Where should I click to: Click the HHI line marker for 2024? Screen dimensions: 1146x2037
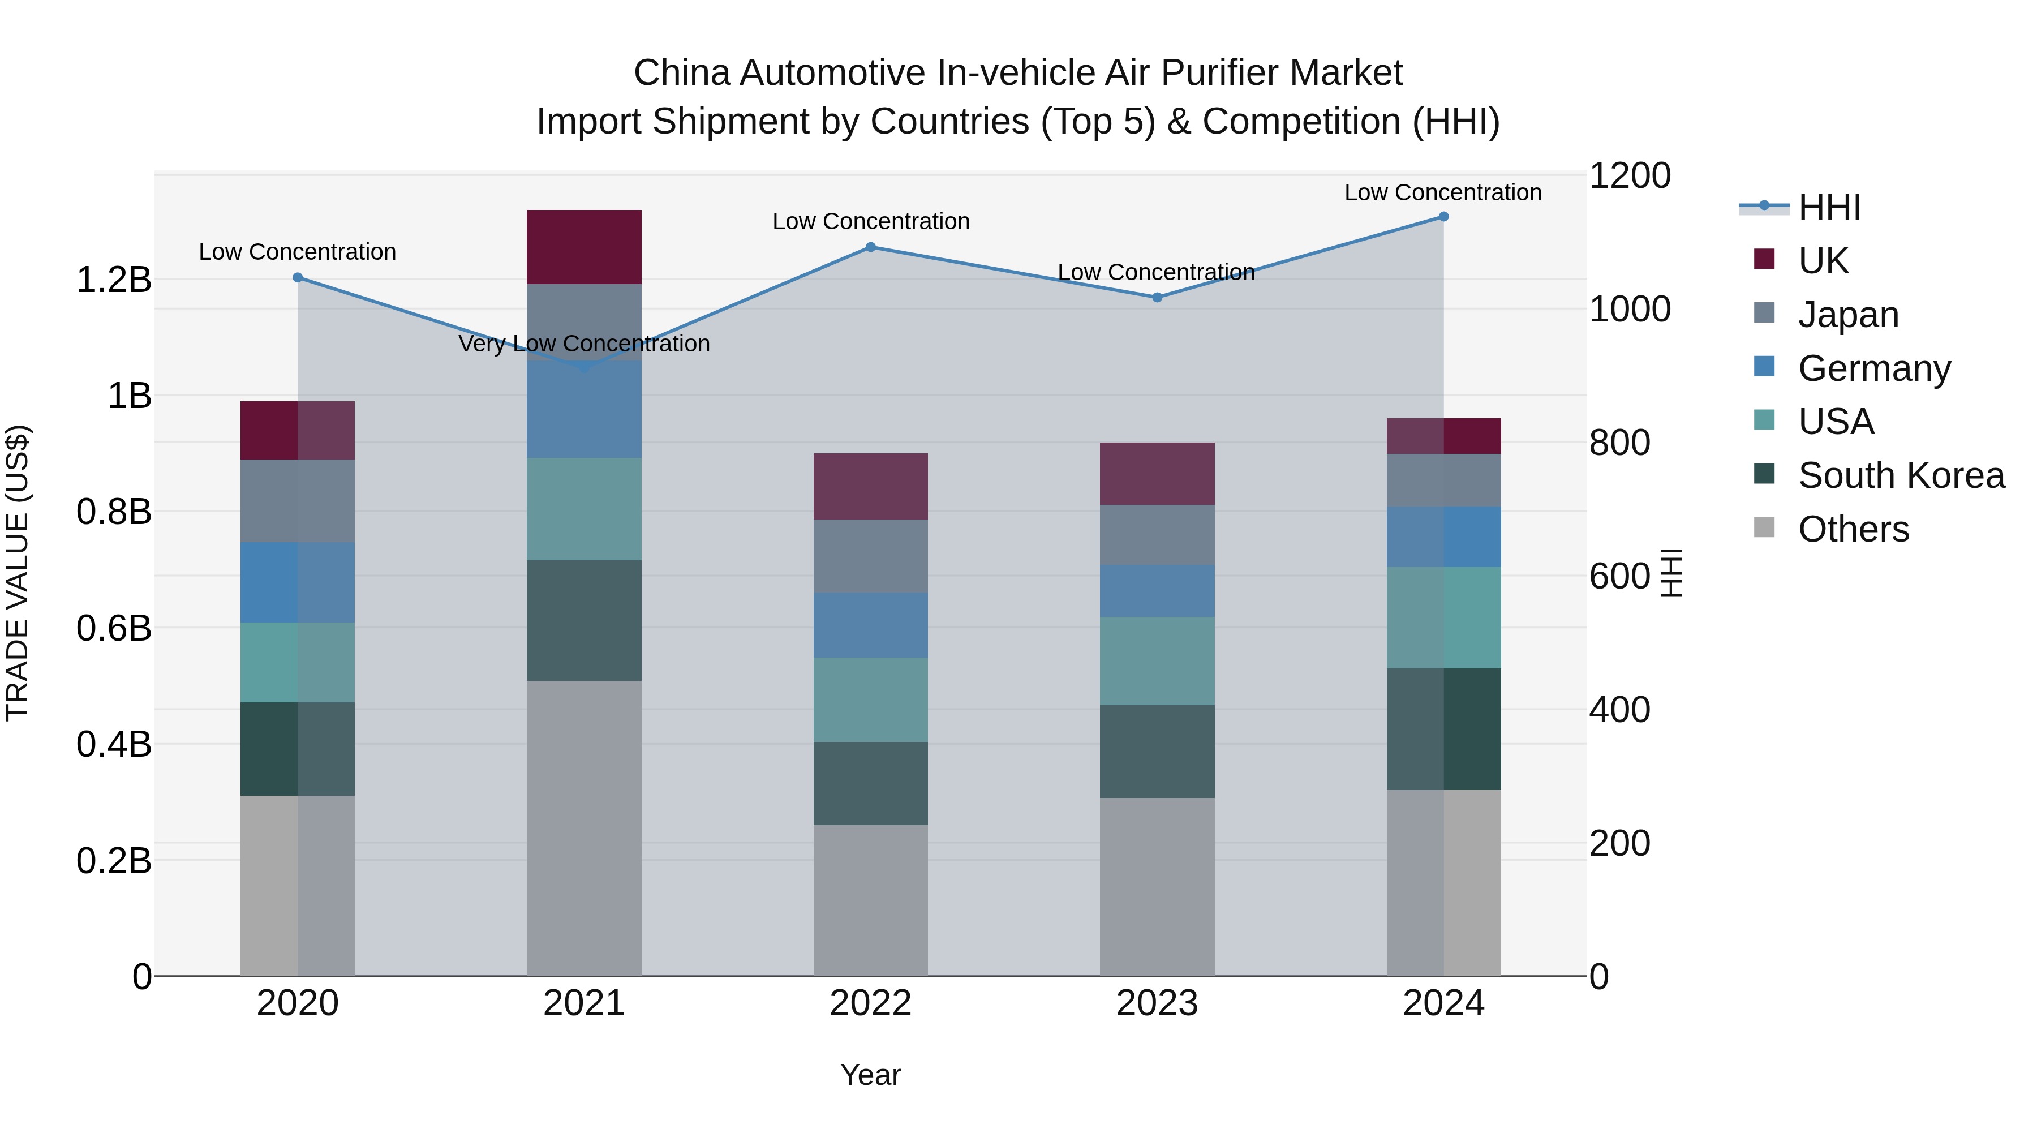(x=1443, y=217)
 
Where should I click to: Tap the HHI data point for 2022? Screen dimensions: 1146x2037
(x=871, y=247)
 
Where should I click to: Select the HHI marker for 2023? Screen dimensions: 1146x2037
(x=1157, y=297)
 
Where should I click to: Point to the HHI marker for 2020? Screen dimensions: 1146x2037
(x=297, y=278)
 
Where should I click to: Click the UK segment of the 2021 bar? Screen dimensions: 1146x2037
(x=583, y=247)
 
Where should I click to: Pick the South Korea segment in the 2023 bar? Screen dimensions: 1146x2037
(x=1157, y=752)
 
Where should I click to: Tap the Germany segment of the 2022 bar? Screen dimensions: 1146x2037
(x=871, y=625)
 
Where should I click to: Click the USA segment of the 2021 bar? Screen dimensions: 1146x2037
(x=583, y=509)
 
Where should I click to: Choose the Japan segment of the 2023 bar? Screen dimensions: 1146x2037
(x=1157, y=535)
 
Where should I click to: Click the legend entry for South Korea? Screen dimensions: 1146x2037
(x=1901, y=475)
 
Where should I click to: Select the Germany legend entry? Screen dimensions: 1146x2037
(x=1874, y=368)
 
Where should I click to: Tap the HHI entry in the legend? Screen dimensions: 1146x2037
(x=1829, y=207)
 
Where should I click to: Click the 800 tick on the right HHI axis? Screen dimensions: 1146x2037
(x=1619, y=443)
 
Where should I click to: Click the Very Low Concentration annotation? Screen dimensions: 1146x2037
(x=583, y=344)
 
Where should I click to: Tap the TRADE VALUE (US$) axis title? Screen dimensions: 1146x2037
(x=18, y=573)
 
